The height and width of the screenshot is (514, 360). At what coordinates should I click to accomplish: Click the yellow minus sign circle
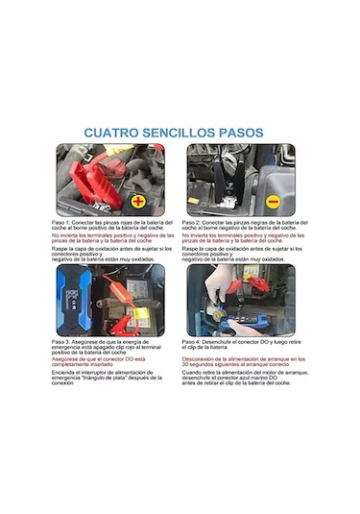point(273,202)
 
